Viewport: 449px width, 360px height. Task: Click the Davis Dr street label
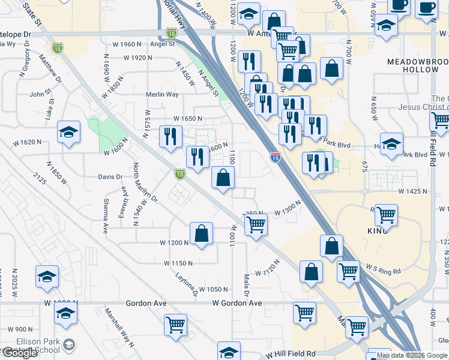tap(110, 177)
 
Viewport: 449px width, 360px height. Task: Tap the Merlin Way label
tap(162, 95)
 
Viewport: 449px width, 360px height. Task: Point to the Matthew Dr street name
tap(50, 68)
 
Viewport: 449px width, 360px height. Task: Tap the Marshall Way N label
tap(119, 328)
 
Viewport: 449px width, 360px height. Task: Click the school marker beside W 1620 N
tap(69, 132)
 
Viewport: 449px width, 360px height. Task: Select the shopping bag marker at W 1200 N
tap(202, 233)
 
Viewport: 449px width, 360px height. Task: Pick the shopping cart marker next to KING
tap(386, 214)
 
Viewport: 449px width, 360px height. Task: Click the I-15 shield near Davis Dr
tap(179, 174)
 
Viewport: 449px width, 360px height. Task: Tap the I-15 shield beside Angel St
tap(171, 34)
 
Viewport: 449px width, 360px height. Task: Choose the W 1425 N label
tap(412, 191)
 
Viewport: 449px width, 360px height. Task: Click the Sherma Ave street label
tap(105, 215)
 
